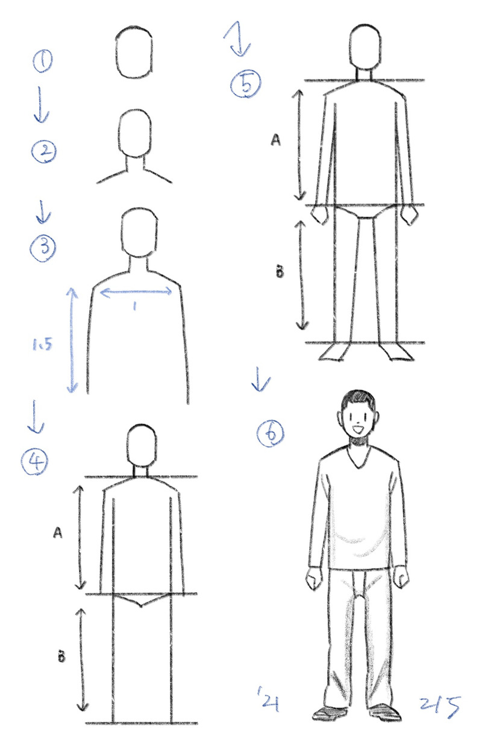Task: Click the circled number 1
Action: click(x=42, y=61)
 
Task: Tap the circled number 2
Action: click(x=44, y=152)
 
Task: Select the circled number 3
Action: click(x=43, y=248)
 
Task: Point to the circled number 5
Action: click(x=246, y=85)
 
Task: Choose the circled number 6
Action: click(x=271, y=434)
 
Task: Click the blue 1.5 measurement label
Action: click(x=42, y=345)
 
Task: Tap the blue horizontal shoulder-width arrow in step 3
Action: click(x=136, y=292)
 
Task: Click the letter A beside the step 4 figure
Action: click(x=58, y=533)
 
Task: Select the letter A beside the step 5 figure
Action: click(x=275, y=140)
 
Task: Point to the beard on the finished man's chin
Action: click(x=358, y=440)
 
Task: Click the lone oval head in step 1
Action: click(x=134, y=52)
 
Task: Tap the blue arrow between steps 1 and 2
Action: click(x=42, y=104)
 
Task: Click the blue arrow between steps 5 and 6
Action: click(x=260, y=379)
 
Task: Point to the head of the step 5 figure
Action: click(x=365, y=47)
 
